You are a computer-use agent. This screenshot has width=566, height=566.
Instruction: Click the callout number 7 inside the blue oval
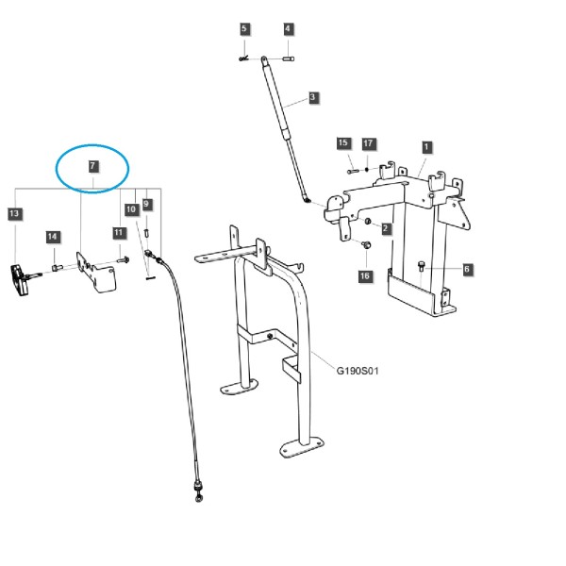click(92, 166)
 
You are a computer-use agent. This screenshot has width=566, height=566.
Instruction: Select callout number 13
click(14, 214)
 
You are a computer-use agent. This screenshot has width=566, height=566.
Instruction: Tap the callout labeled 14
click(53, 237)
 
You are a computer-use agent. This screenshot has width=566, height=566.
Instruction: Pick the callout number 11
click(119, 232)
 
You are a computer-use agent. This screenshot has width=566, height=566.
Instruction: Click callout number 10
click(131, 209)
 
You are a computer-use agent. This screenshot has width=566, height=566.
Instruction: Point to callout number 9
click(146, 205)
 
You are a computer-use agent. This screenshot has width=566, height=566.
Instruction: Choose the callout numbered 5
click(244, 29)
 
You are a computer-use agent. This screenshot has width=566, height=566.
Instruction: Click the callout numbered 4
click(288, 29)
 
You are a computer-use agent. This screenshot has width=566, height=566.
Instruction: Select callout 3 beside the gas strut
click(313, 97)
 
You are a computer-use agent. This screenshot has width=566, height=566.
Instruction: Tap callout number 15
click(343, 143)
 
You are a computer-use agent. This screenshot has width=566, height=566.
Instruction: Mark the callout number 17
click(368, 143)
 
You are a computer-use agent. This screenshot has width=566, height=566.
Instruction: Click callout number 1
click(426, 147)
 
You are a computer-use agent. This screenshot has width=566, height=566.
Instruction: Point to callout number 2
click(386, 228)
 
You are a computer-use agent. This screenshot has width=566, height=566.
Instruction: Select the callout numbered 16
click(365, 276)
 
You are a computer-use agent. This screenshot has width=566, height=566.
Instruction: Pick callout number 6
click(468, 269)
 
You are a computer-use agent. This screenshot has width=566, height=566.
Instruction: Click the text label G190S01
click(358, 371)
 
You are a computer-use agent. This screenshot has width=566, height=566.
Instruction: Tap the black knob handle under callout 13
click(19, 280)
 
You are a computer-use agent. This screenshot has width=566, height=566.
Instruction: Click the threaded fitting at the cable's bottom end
click(198, 491)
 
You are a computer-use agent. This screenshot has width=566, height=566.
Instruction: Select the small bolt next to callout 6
click(422, 266)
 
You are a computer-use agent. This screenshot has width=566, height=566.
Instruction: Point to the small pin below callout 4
click(288, 58)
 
